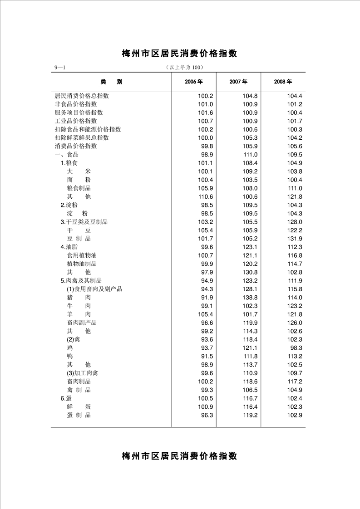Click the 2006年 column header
tap(193, 82)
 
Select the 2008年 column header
tap(283, 82)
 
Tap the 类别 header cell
tap(111, 82)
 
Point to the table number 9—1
tap(60, 68)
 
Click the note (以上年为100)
tap(184, 68)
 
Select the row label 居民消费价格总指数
tap(82, 96)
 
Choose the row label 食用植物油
tap(82, 255)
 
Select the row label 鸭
tap(70, 356)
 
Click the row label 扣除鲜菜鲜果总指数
tap(82, 137)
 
